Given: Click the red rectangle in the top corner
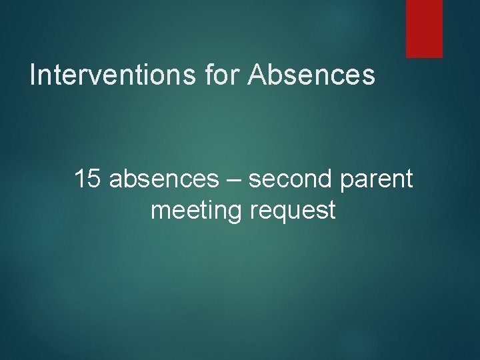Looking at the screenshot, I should pyautogui.click(x=425, y=28).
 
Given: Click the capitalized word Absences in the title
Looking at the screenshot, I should pyautogui.click(x=311, y=75).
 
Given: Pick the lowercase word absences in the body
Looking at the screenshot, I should pyautogui.click(x=163, y=179).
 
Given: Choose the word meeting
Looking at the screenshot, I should pyautogui.click(x=197, y=211).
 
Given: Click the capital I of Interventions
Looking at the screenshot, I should pyautogui.click(x=33, y=75).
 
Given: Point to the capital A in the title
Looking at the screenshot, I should pyautogui.click(x=257, y=75).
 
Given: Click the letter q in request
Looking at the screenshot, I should pyautogui.click(x=275, y=214).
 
